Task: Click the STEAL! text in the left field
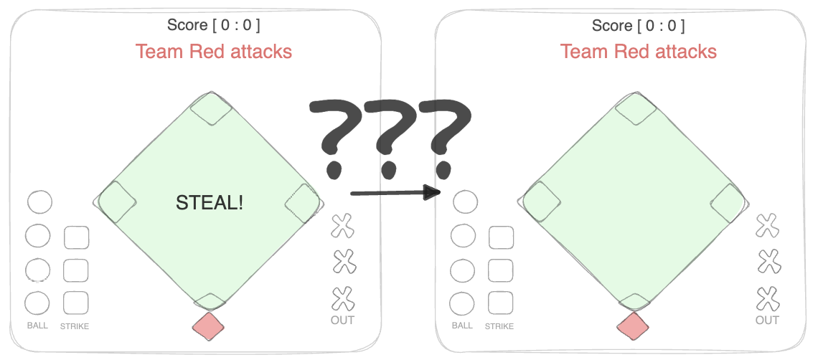pyautogui.click(x=210, y=203)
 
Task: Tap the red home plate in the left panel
pyautogui.click(x=209, y=326)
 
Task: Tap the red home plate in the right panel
pyautogui.click(x=633, y=326)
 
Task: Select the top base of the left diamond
pyautogui.click(x=211, y=109)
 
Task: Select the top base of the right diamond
pyautogui.click(x=636, y=109)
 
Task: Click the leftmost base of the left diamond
pyautogui.click(x=116, y=202)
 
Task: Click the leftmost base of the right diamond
pyautogui.click(x=542, y=202)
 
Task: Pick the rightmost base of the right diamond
pyautogui.click(x=728, y=202)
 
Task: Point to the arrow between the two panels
pyautogui.click(x=395, y=192)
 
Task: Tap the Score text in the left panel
pyautogui.click(x=214, y=25)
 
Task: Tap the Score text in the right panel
pyautogui.click(x=638, y=25)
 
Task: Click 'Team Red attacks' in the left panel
pyautogui.click(x=214, y=52)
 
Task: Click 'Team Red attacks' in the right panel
pyautogui.click(x=638, y=52)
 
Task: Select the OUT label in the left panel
pyautogui.click(x=342, y=320)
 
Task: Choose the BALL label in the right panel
pyautogui.click(x=462, y=326)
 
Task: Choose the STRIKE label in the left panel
pyautogui.click(x=75, y=326)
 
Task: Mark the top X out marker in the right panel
pyautogui.click(x=767, y=226)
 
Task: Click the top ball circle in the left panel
pyautogui.click(x=39, y=202)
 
